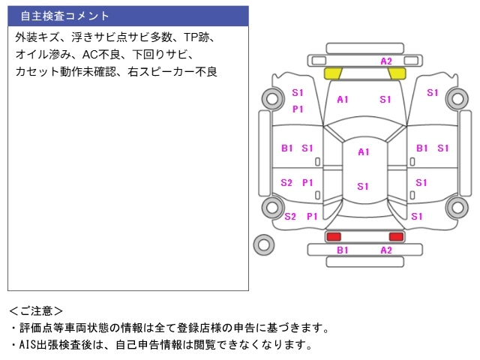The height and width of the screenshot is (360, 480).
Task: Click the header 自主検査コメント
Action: click(64, 16)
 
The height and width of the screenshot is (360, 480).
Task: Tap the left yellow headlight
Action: click(333, 73)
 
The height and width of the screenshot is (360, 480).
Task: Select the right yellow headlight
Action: click(397, 73)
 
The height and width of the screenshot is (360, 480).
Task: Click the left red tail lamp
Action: click(334, 236)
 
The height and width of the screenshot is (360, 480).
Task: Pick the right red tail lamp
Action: click(396, 236)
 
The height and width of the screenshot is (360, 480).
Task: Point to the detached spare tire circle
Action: click(264, 245)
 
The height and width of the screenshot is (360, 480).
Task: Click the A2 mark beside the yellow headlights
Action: click(386, 61)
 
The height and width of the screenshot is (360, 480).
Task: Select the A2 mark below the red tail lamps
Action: click(386, 250)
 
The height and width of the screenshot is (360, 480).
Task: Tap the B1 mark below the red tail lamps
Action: click(343, 250)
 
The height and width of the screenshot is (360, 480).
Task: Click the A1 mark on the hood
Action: click(343, 100)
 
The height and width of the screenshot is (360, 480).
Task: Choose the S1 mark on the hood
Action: click(385, 100)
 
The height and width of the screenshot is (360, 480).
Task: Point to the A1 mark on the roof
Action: click(364, 151)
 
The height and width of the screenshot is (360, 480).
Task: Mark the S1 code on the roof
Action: click(363, 187)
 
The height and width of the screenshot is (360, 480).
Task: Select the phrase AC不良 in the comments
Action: click(101, 55)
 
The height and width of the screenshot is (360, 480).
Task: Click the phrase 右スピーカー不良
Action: click(172, 72)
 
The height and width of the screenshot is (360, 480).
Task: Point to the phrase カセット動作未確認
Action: click(66, 72)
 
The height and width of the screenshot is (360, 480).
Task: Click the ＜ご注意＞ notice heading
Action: click(36, 311)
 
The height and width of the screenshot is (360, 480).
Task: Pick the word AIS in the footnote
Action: click(28, 345)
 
